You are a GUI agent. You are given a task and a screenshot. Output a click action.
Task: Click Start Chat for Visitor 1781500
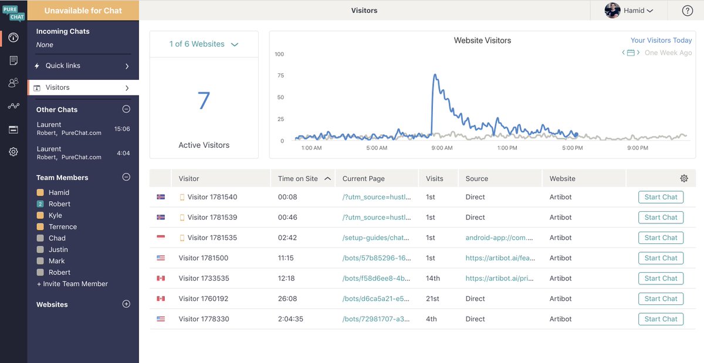(661, 258)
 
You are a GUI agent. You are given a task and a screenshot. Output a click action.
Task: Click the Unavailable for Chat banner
(83, 11)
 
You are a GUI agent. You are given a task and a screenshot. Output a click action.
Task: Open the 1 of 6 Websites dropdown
(204, 44)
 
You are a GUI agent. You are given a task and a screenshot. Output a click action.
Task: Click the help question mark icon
(688, 11)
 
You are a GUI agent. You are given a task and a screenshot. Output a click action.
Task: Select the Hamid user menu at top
(629, 11)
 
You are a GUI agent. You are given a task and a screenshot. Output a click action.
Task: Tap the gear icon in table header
(683, 178)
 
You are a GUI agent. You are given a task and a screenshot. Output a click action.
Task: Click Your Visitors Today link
(661, 40)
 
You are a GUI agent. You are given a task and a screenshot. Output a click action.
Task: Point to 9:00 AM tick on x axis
(442, 148)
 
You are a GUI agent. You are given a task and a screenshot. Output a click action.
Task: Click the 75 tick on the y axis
(280, 76)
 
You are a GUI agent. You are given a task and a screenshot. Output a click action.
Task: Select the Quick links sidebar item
(82, 66)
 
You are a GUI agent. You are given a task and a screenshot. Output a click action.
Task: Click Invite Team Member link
(72, 284)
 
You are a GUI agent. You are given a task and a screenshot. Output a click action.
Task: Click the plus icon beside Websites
(126, 304)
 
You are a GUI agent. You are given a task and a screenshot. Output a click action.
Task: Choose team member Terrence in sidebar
(62, 227)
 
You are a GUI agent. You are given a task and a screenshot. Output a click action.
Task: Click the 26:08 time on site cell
(287, 298)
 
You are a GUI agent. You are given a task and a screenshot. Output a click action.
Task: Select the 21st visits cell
(432, 298)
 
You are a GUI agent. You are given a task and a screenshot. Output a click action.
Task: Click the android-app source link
(499, 238)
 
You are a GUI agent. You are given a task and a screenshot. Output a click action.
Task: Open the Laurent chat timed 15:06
(82, 128)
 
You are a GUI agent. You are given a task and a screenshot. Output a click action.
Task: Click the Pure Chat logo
(13, 12)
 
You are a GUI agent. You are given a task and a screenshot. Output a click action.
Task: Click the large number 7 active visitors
(204, 101)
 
